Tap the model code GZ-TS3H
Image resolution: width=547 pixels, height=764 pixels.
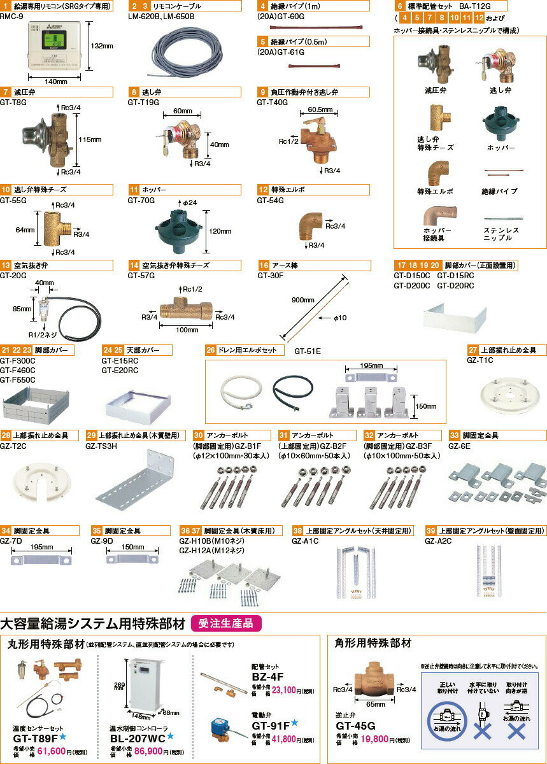point(101,446)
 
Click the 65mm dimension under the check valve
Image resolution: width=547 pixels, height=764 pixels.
point(375,705)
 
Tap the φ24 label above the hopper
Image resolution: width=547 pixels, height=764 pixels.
point(190,202)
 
